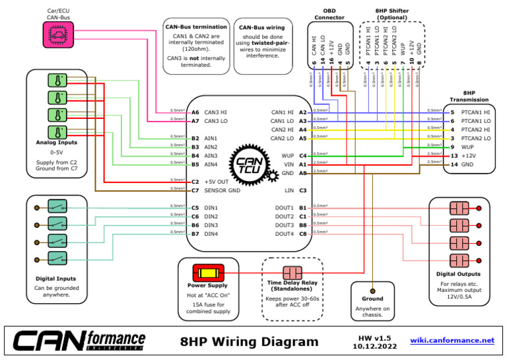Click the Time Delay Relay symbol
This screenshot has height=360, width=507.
click(x=292, y=273)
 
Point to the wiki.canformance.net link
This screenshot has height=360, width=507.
click(x=452, y=340)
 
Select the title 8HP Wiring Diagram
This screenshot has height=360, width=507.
click(x=249, y=342)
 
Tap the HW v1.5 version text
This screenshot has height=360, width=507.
click(x=375, y=337)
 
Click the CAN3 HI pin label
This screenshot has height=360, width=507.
click(x=215, y=112)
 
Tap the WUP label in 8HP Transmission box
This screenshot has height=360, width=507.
click(x=468, y=147)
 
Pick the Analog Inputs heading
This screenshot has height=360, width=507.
click(x=57, y=143)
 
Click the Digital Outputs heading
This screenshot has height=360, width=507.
click(x=458, y=273)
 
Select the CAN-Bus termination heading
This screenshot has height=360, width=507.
click(x=196, y=26)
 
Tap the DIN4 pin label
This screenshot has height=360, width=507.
click(x=211, y=234)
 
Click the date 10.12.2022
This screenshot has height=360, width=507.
click(x=375, y=345)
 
